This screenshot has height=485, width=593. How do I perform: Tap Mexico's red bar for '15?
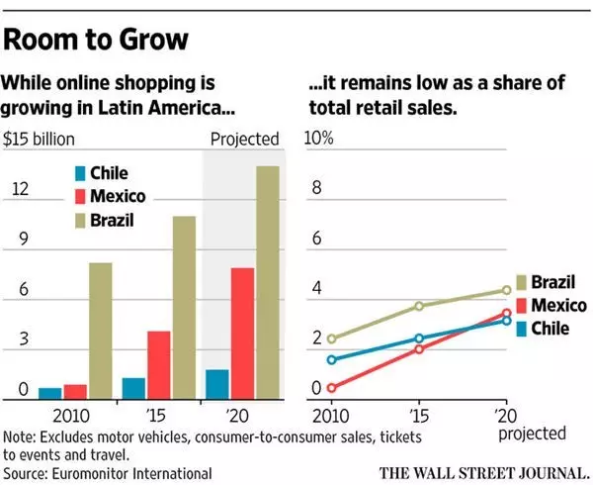point(157,363)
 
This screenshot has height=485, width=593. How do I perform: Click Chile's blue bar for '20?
point(215,383)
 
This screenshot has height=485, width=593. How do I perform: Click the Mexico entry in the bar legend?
point(116,196)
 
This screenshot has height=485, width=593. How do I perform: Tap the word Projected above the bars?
point(244,139)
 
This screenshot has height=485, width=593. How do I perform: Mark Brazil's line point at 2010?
point(331,339)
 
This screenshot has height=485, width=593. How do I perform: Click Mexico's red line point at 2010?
point(331,388)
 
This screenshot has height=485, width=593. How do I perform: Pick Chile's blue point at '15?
point(418,339)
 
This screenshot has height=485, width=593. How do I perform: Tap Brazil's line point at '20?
point(506,291)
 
